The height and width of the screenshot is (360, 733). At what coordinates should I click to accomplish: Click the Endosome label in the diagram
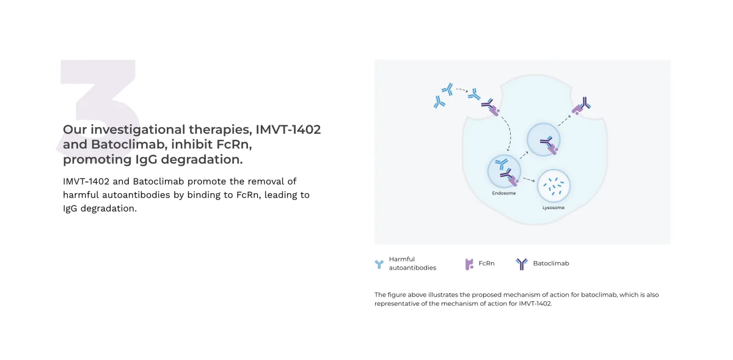tap(504, 194)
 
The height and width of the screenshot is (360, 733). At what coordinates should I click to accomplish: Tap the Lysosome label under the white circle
tap(553, 208)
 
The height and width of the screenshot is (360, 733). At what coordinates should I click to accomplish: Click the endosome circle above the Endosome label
tap(504, 171)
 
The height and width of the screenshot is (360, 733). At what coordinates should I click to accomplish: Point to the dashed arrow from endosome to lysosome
tap(529, 180)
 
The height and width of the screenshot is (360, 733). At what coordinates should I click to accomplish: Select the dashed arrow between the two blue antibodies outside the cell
tap(461, 90)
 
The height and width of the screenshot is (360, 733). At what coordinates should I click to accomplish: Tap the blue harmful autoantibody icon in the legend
tap(379, 264)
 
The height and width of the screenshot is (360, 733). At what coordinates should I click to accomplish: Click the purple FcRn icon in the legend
tap(469, 264)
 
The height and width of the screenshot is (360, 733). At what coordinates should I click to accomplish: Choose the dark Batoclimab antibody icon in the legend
tap(522, 264)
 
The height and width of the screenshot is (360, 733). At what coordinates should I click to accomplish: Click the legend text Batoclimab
tap(550, 263)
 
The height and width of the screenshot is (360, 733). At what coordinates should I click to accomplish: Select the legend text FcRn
tap(486, 263)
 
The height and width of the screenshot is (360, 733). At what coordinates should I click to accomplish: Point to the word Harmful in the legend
tap(401, 259)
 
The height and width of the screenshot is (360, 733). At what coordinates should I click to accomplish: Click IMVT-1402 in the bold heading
tap(288, 130)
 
